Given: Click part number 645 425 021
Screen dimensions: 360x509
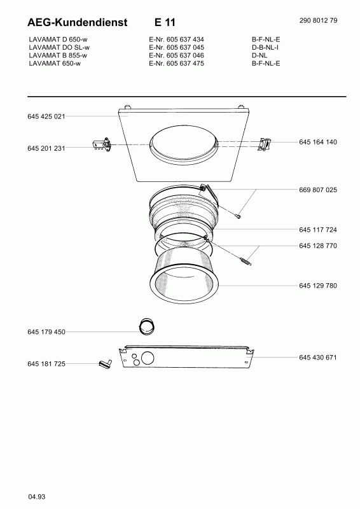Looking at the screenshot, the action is (46, 116).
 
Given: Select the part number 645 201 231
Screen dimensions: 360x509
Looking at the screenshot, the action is (46, 148).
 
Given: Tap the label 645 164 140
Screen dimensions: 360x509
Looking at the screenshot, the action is (318, 142).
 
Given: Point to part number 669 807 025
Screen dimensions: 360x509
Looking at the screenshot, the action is (318, 190).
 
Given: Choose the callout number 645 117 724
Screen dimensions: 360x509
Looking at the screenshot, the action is (318, 230).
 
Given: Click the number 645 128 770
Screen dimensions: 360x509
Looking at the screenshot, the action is (318, 246).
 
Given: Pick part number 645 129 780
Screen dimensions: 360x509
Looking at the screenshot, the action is (318, 286).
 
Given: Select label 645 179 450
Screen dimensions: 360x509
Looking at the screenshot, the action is (46, 331).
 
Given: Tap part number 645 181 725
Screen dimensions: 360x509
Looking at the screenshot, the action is (46, 364).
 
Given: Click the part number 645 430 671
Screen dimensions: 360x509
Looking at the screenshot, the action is (318, 358).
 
